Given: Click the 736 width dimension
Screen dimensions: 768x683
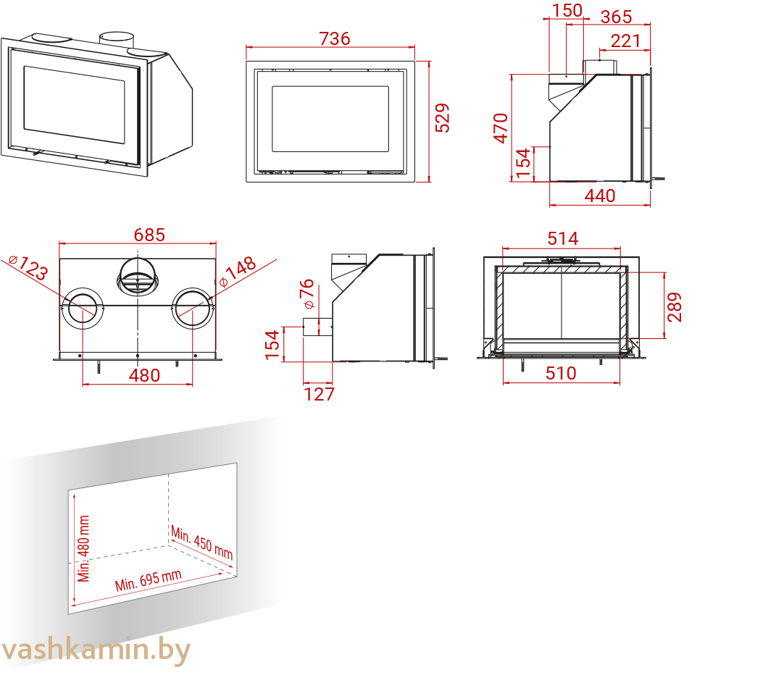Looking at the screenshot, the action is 335,38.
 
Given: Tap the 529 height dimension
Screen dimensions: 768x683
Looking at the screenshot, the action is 442,118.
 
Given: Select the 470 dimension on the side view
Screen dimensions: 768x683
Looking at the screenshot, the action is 501,128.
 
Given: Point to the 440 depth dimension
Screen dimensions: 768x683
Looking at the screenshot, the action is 600,196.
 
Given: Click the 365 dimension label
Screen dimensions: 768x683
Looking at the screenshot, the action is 616,17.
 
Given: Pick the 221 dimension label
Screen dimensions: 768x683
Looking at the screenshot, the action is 625,41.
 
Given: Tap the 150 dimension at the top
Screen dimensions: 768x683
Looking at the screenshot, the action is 567,10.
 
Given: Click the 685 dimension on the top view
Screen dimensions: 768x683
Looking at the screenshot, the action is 149,235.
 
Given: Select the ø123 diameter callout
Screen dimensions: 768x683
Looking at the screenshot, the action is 28,267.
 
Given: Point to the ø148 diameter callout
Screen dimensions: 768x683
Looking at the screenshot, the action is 238,271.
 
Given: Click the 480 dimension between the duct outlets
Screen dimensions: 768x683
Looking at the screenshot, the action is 144,375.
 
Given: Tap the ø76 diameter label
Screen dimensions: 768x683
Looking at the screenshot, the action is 308,294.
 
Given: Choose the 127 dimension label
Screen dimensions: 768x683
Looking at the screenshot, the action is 320,394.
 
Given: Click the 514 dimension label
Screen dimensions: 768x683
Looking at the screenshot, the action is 563,238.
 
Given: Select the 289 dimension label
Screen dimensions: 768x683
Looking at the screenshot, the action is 675,307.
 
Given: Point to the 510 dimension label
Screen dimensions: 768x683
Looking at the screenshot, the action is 562,374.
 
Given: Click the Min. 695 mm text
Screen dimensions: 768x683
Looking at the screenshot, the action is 148,580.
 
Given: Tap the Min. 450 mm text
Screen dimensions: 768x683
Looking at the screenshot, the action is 202,542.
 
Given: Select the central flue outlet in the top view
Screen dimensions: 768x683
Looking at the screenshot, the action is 138,277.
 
